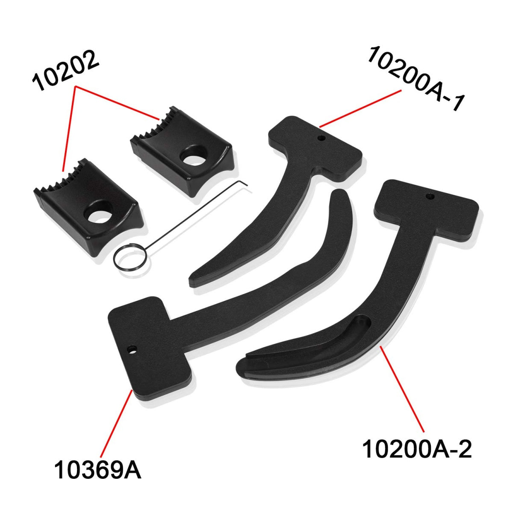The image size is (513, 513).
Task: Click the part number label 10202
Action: click(66, 71)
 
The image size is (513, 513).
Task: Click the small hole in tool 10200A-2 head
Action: click(430, 197)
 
